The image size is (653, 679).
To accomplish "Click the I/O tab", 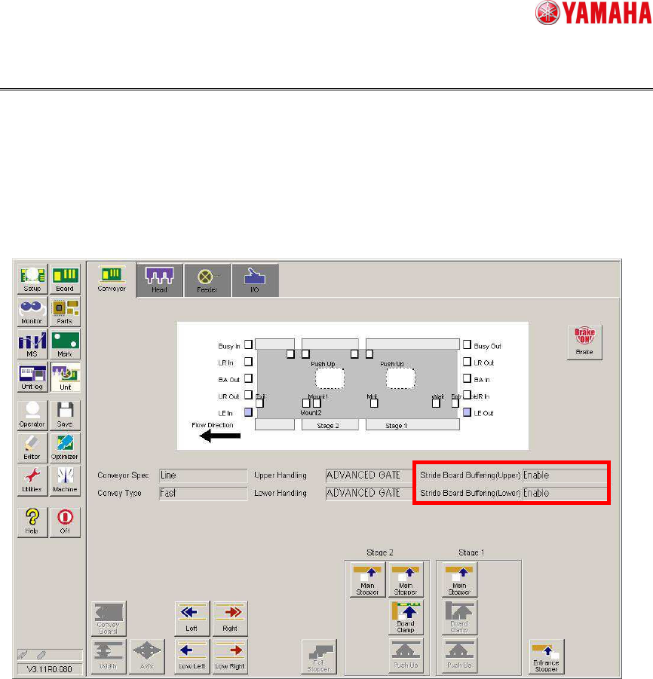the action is (255, 280).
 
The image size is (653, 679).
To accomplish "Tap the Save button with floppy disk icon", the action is (65, 414).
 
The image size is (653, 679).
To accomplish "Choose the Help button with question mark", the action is (32, 521).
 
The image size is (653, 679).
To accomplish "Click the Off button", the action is (65, 521).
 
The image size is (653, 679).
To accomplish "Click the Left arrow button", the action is (192, 616).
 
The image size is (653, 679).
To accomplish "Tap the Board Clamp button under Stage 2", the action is (406, 616).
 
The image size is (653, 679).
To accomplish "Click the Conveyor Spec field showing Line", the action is (203, 476).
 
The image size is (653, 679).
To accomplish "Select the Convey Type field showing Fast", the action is (203, 493).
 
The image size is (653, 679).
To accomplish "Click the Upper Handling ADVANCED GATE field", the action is (368, 476).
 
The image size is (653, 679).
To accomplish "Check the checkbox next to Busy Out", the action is (467, 345).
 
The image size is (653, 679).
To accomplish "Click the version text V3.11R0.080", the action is (49, 668).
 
